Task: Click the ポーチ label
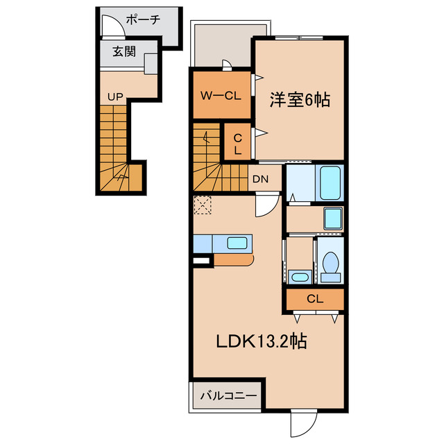point(145,19)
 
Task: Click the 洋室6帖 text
point(299,100)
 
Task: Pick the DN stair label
point(260,179)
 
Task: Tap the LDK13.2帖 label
point(262,341)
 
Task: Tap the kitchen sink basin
point(237,243)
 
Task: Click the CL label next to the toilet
point(314,299)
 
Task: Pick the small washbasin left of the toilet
point(300,277)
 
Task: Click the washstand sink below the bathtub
point(333,219)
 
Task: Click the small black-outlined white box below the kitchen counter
point(201,260)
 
